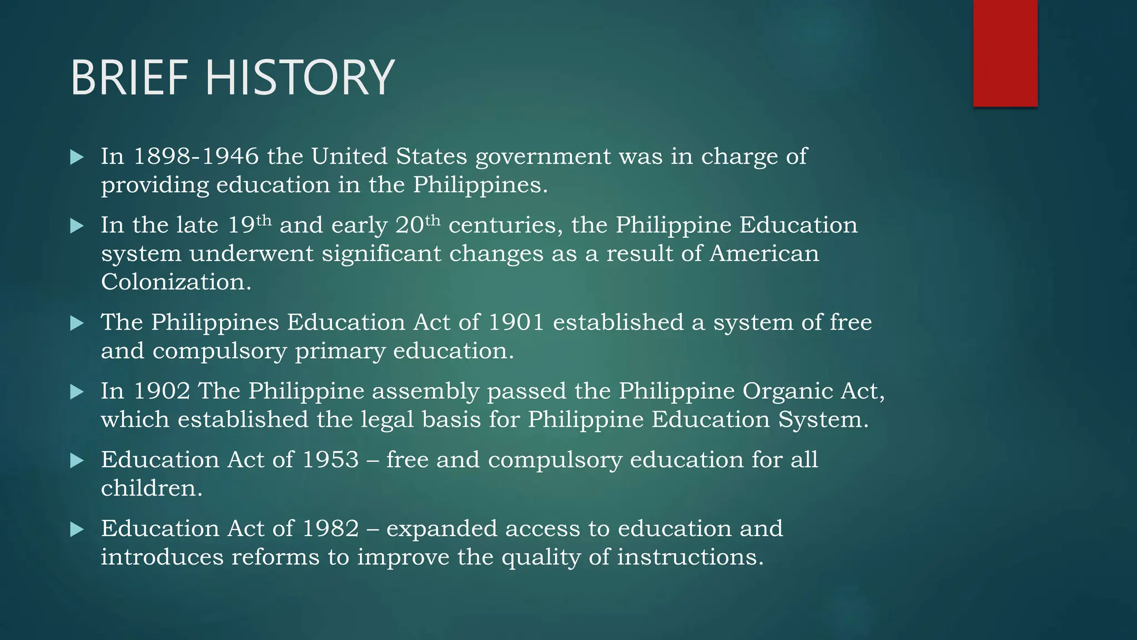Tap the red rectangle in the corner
[1005, 53]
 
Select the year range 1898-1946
[196, 157]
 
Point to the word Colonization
[176, 282]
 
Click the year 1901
[516, 323]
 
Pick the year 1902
[162, 391]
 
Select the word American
[764, 254]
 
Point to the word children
[151, 489]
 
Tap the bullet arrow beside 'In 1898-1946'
[77, 157]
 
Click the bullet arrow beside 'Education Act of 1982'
[77, 529]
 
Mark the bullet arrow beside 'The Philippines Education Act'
[77, 323]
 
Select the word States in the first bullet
[431, 157]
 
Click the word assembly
[425, 391]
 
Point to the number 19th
[250, 224]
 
